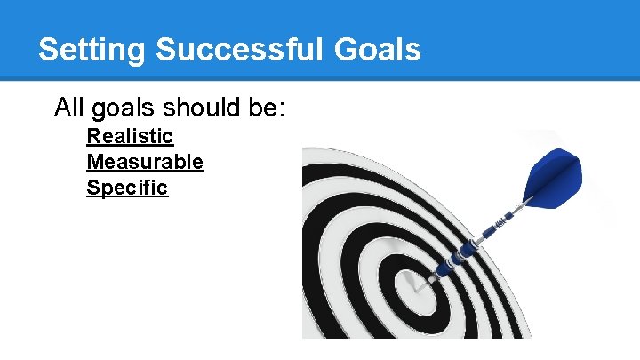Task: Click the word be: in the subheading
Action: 264,108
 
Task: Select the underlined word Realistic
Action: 130,136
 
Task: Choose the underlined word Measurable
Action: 145,162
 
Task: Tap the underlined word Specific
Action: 127,188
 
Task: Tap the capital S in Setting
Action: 49,50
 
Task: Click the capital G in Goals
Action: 350,50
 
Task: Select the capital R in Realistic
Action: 92,136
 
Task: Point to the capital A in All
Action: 62,108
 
